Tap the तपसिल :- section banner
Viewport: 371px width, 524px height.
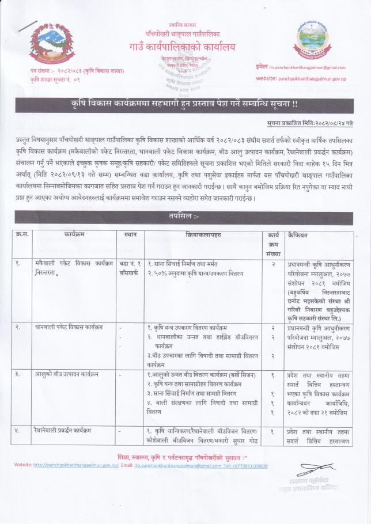pyautogui.click(x=184, y=218)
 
